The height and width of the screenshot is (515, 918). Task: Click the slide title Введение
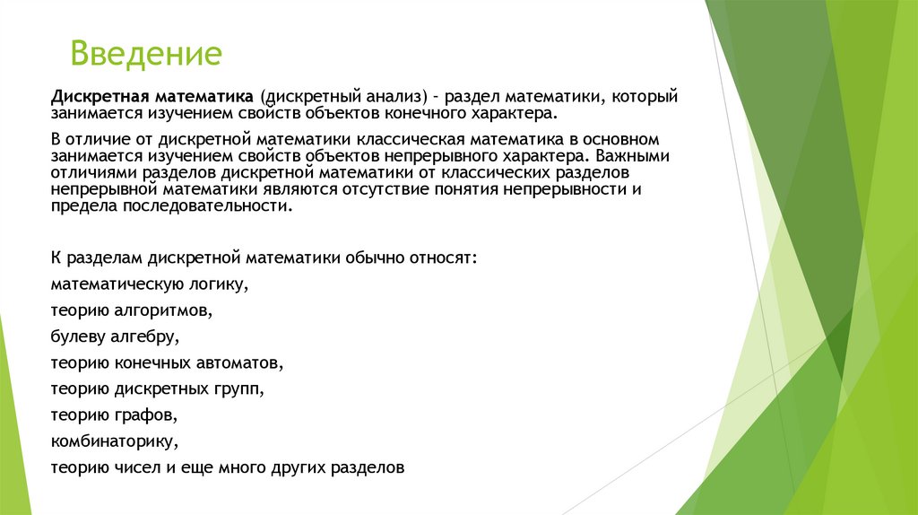(x=146, y=54)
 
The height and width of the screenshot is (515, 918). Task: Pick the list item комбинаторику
(x=115, y=441)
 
